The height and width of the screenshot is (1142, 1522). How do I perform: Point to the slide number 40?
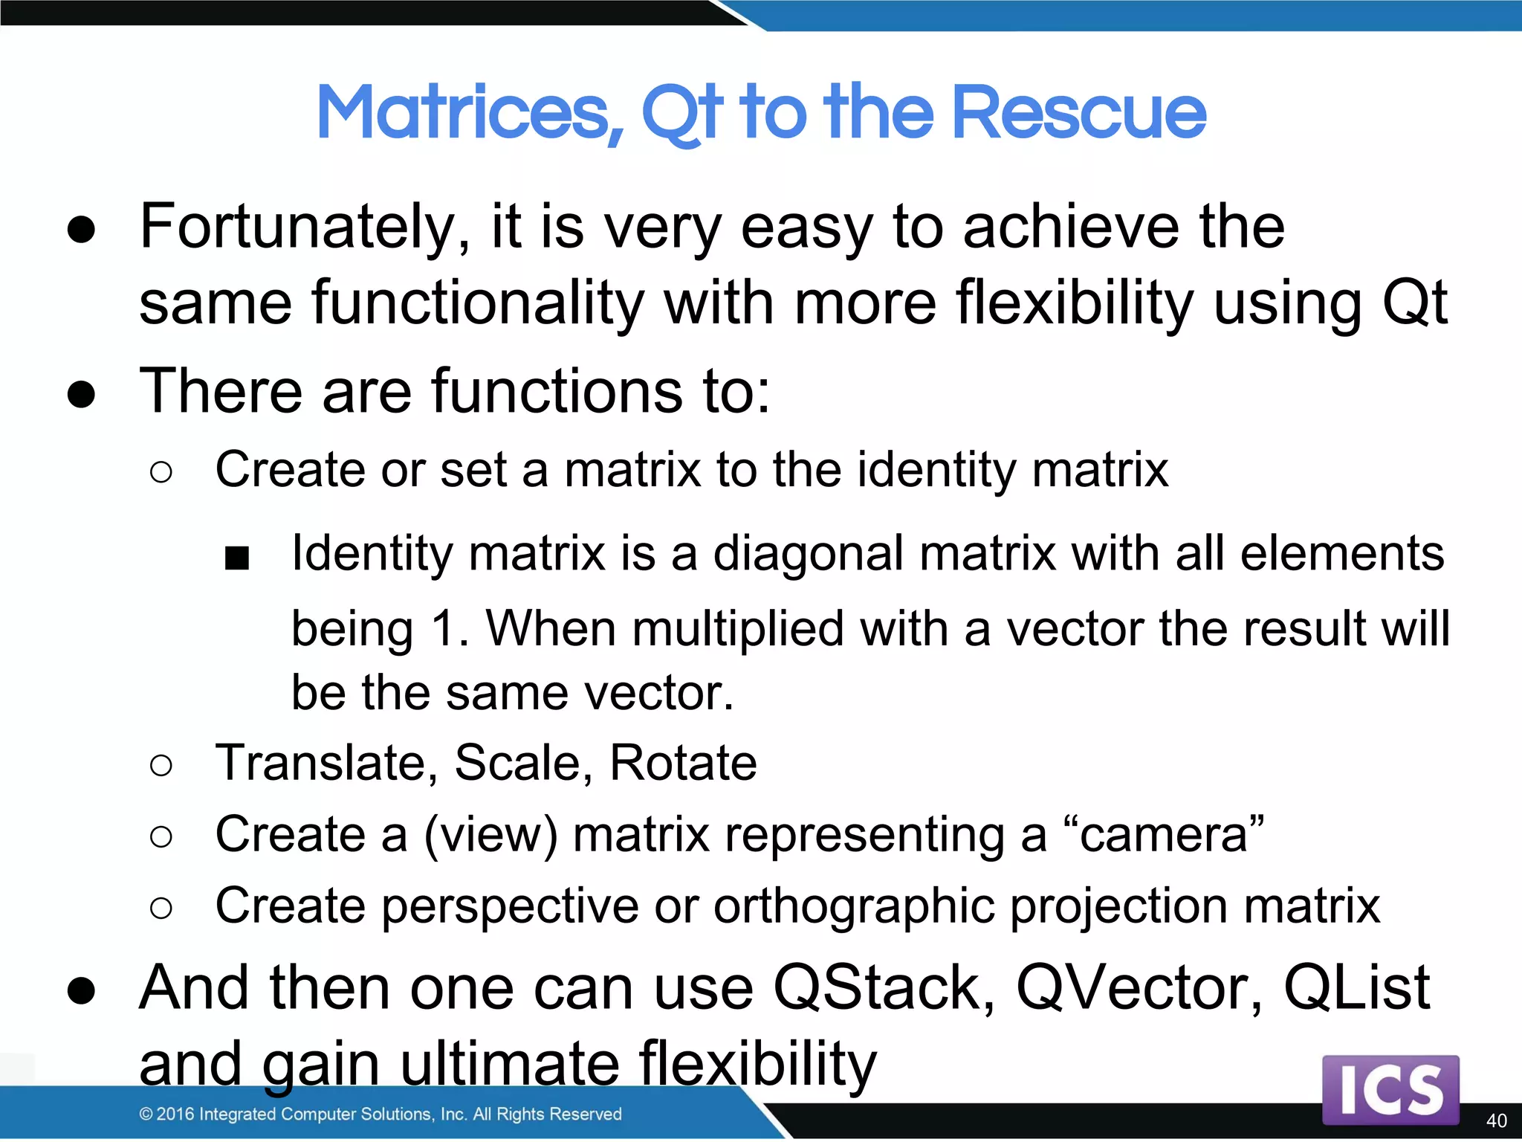(x=1496, y=1120)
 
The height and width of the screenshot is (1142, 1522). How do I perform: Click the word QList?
(x=1356, y=988)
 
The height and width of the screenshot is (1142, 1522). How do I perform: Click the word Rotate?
(x=682, y=763)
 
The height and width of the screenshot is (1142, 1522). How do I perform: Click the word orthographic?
(x=853, y=906)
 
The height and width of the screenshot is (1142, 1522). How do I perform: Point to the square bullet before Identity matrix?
(x=237, y=558)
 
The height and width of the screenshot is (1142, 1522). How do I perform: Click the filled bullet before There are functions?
(x=81, y=393)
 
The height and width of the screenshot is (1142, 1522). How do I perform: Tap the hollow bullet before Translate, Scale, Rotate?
(x=161, y=765)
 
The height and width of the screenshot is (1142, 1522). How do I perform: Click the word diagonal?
(x=808, y=554)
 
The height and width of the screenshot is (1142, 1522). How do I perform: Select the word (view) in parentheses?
(x=490, y=835)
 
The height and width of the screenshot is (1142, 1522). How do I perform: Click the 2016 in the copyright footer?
(x=175, y=1114)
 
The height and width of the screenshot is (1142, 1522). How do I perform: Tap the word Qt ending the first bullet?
(x=1414, y=303)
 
